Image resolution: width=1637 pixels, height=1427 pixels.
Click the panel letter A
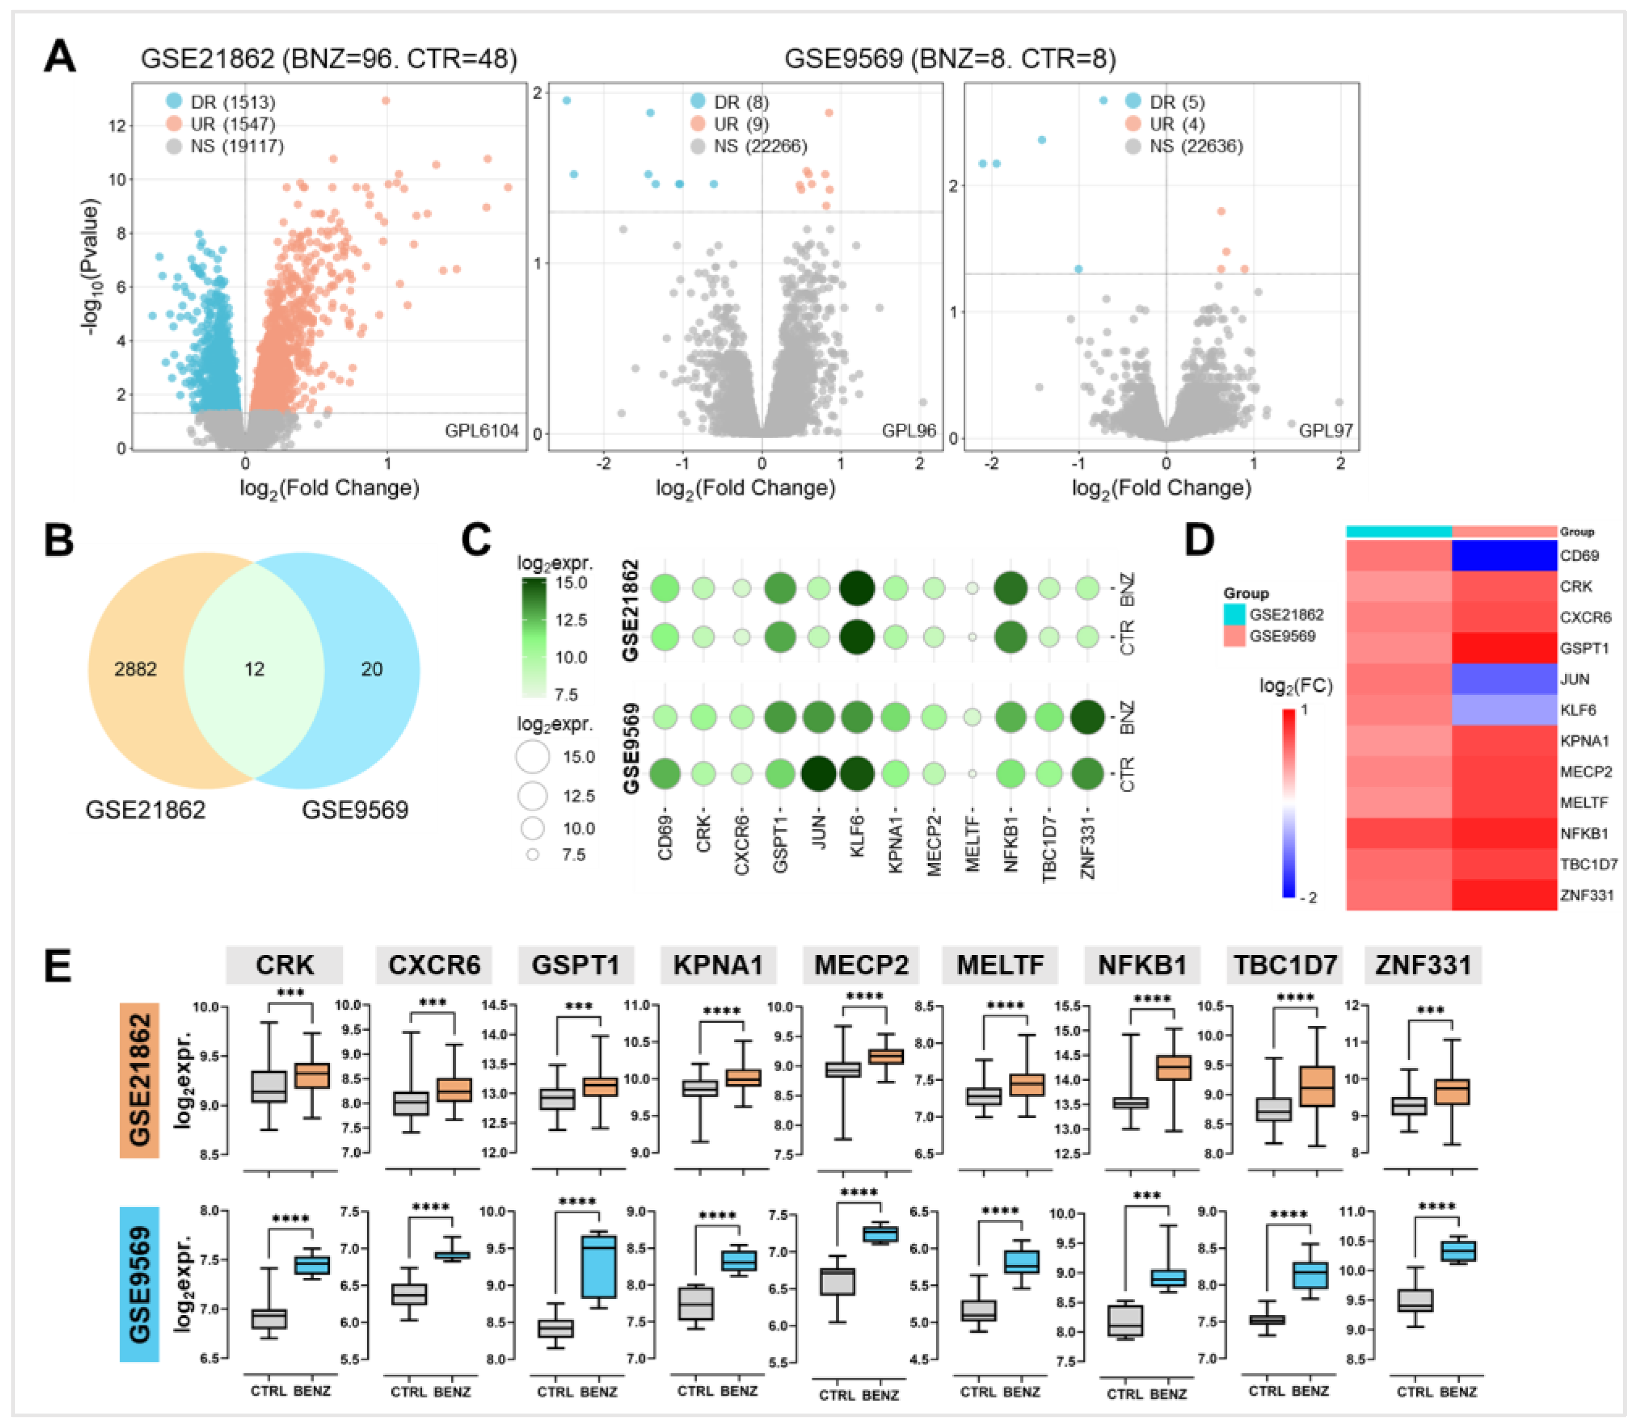coord(60,58)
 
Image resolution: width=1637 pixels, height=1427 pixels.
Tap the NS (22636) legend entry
coord(1195,146)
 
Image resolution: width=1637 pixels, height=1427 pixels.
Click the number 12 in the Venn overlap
coord(254,669)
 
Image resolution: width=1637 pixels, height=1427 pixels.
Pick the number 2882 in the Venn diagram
coord(135,669)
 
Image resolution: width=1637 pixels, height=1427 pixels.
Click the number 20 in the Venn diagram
coord(372,669)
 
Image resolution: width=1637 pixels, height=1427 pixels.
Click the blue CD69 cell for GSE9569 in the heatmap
coord(1504,556)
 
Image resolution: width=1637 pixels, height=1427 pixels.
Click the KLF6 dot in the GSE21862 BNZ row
coord(856,588)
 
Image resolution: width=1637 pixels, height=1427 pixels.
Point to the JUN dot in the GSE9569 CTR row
coord(818,773)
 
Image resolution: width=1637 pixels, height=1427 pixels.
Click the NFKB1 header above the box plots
coord(1142,965)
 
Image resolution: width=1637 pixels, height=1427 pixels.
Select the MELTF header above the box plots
coord(1000,965)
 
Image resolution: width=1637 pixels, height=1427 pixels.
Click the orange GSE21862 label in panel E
coord(139,1079)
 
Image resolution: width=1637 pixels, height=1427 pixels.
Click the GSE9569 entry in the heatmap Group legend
coord(1282,636)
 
